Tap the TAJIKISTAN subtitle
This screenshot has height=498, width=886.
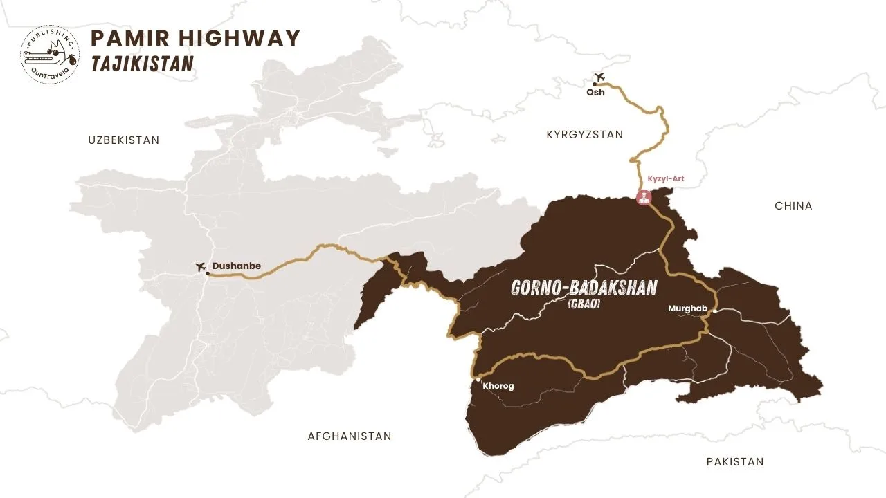(x=142, y=64)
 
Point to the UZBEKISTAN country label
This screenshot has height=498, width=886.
(x=123, y=140)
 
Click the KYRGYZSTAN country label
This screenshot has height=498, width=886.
(x=584, y=135)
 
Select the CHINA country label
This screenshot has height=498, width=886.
(x=793, y=206)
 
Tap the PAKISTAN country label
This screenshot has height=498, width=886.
(x=735, y=461)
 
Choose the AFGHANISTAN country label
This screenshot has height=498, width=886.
(x=349, y=436)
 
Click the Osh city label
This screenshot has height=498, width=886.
(x=595, y=93)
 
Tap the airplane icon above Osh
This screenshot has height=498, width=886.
(x=599, y=77)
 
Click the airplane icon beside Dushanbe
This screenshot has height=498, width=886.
(x=201, y=267)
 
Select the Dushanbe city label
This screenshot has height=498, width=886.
(x=236, y=266)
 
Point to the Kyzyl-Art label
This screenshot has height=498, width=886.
(x=665, y=178)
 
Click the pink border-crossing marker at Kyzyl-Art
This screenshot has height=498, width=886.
(x=644, y=198)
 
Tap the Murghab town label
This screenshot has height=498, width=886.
(x=686, y=308)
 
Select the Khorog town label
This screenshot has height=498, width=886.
(x=498, y=386)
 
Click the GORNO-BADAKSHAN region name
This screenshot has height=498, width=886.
(x=584, y=287)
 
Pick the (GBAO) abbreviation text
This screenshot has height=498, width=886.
(x=583, y=304)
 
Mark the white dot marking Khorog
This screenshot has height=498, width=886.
(x=478, y=379)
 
